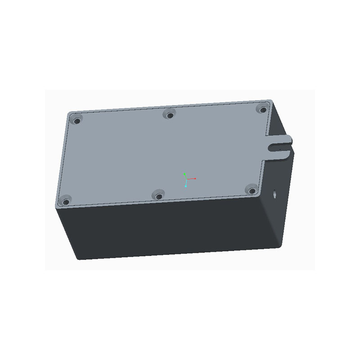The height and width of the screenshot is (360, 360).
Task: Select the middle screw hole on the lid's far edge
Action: click(170, 115)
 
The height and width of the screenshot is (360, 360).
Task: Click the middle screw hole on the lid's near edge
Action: click(158, 195)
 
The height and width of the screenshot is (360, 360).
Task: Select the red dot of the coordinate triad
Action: click(195, 179)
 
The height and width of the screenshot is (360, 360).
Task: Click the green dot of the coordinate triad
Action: click(184, 173)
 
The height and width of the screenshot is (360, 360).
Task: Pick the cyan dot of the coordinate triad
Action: click(185, 186)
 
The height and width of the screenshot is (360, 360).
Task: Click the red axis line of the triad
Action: click(191, 179)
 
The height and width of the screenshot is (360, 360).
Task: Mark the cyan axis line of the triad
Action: click(186, 183)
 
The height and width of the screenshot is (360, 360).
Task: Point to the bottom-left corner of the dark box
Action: click(79, 259)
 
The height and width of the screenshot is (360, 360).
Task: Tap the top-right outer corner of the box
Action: click(272, 100)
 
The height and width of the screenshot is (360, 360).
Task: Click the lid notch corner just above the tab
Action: click(265, 136)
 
